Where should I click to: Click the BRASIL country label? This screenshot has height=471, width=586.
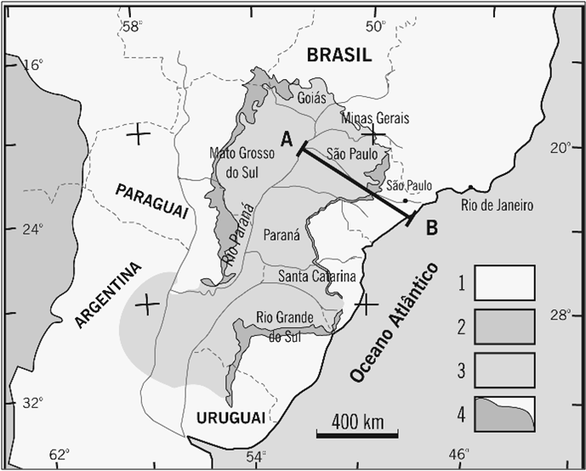pyautogui.click(x=340, y=55)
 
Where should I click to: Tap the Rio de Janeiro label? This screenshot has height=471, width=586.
pyautogui.click(x=496, y=205)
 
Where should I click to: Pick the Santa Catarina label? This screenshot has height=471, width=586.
pyautogui.click(x=316, y=275)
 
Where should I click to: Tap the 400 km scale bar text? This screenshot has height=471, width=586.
pyautogui.click(x=356, y=421)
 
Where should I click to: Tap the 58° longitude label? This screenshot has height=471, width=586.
pyautogui.click(x=133, y=26)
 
